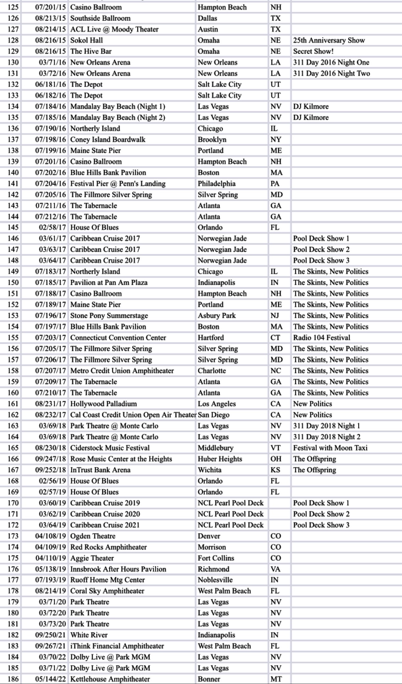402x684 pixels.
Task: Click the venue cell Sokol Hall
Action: click(87, 40)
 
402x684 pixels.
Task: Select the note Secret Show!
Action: click(313, 51)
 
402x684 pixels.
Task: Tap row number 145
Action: click(13, 227)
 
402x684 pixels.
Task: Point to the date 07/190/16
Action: click(50, 129)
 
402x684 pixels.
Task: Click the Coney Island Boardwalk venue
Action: click(108, 140)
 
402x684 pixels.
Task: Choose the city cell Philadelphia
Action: click(217, 184)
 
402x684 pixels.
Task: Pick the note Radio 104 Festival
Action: click(322, 338)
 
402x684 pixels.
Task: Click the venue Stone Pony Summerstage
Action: click(109, 316)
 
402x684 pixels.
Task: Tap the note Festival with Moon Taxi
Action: click(330, 448)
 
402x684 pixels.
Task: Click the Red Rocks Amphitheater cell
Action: click(108, 547)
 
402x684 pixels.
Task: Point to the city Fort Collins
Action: click(216, 558)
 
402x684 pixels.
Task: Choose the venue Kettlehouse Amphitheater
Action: click(110, 679)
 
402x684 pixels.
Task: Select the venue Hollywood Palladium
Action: click(103, 404)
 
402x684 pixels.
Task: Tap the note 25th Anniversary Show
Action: click(329, 40)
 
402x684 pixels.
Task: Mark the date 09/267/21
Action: click(50, 646)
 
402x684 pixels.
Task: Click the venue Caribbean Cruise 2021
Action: click(105, 525)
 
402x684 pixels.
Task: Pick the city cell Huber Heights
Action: click(220, 459)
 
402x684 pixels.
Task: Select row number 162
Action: click(13, 415)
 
